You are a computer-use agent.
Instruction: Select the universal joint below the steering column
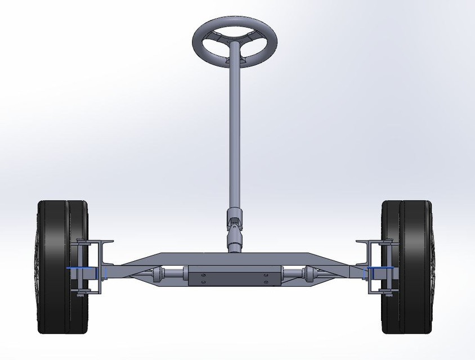click(x=234, y=222)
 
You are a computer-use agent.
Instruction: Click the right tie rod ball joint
click(x=308, y=274)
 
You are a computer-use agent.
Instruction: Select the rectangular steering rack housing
click(x=234, y=276)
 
